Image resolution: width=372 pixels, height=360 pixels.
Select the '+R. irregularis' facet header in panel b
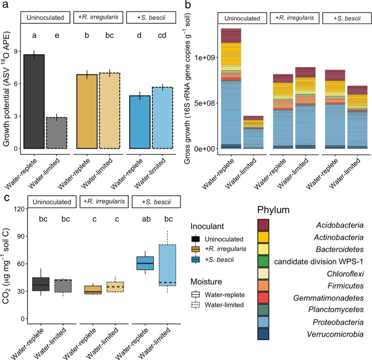(x=294, y=18)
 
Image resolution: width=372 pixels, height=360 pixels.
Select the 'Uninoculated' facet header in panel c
(x=52, y=202)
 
